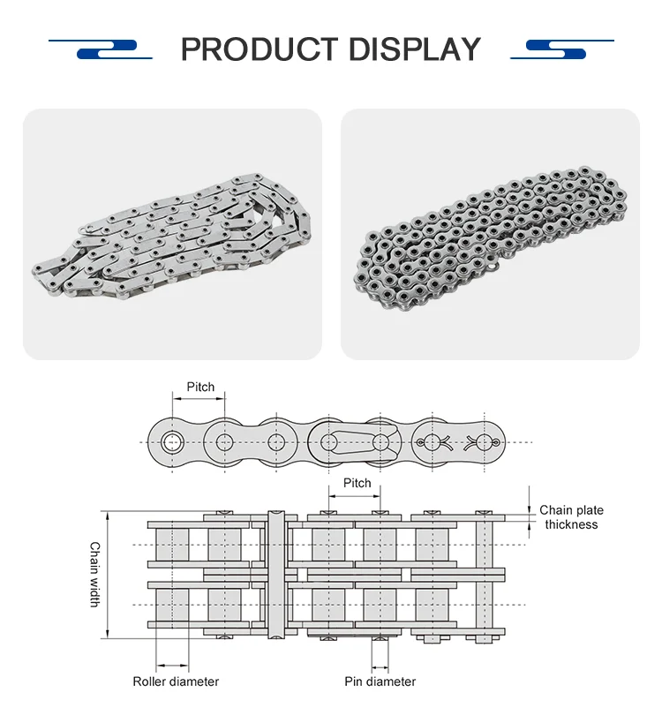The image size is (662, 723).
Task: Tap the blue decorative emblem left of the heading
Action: (106, 49)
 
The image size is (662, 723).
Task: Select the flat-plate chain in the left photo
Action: (172, 234)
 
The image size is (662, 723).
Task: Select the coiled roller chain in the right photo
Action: (490, 234)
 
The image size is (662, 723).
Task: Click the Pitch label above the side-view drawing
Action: (200, 387)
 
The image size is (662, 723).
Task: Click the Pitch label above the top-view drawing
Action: (357, 483)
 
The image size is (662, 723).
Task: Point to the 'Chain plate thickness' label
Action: (571, 517)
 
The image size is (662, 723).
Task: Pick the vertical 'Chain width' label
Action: (94, 574)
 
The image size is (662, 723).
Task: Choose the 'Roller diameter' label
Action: (176, 682)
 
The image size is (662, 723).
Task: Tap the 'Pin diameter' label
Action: (380, 682)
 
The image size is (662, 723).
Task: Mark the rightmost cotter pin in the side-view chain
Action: (483, 441)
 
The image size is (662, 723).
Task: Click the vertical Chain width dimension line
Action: (108, 574)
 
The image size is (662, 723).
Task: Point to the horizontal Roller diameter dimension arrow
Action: (172, 665)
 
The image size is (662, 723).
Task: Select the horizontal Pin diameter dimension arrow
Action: (380, 665)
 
